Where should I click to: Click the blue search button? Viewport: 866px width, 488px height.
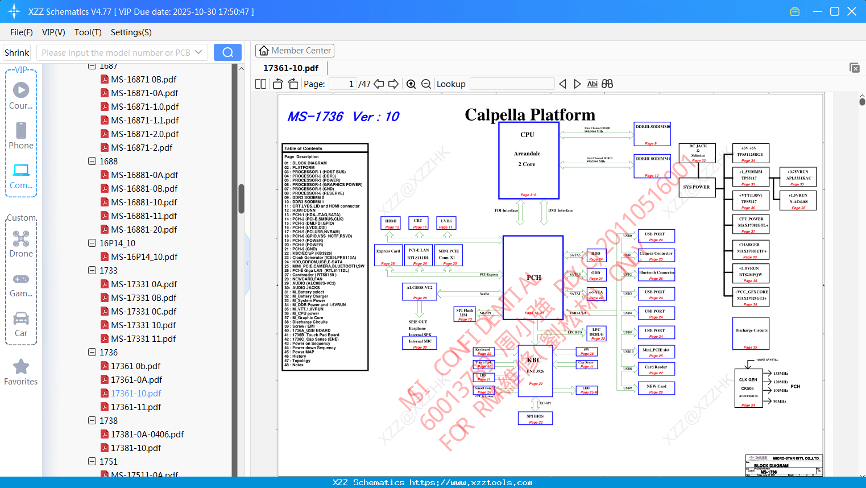(227, 52)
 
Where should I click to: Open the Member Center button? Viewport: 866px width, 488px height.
(295, 51)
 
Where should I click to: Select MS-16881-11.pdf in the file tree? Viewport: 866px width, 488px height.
(144, 216)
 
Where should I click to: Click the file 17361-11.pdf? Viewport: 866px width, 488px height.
(136, 407)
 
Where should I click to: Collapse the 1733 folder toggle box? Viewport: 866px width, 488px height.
(92, 271)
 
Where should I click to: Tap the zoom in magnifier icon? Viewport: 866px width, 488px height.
(411, 84)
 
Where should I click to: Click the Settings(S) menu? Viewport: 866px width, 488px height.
(131, 32)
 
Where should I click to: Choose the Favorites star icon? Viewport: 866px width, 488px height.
(21, 367)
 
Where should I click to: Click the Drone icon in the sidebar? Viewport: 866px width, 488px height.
(21, 239)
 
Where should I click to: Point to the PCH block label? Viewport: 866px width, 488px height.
(533, 278)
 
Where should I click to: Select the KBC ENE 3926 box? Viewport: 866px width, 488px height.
(534, 370)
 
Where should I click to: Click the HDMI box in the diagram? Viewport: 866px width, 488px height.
(391, 223)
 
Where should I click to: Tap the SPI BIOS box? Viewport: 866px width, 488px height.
(535, 418)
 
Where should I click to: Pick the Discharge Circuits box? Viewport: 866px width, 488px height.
(751, 333)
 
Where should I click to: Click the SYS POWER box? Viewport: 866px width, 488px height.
(697, 187)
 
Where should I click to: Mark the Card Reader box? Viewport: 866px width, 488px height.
(656, 369)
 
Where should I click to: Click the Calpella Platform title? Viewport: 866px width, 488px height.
(530, 115)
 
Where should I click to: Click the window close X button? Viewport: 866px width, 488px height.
(852, 11)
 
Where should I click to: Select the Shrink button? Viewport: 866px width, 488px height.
(16, 52)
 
